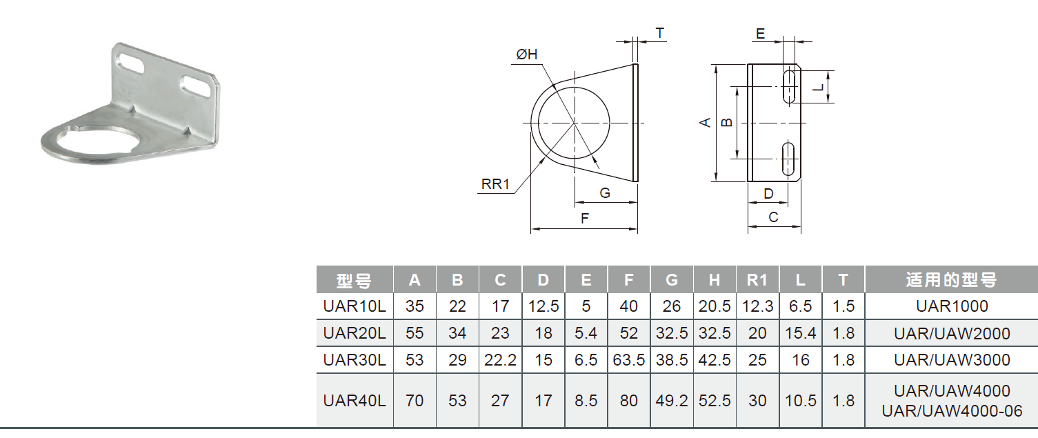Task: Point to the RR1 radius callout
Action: click(x=495, y=184)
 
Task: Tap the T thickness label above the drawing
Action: click(x=659, y=33)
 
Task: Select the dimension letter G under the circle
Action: click(x=605, y=193)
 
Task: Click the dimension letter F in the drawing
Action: click(x=584, y=219)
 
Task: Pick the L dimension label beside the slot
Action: click(x=817, y=88)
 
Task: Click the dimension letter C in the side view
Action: click(x=773, y=217)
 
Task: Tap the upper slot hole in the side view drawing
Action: click(x=788, y=87)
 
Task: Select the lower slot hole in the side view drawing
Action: click(x=787, y=159)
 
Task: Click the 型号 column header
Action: click(x=355, y=280)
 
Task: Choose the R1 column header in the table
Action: click(x=757, y=280)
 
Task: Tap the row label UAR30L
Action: click(x=355, y=359)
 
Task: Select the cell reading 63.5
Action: click(x=628, y=359)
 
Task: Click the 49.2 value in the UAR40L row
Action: click(x=672, y=400)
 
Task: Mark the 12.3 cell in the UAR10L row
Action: click(x=757, y=306)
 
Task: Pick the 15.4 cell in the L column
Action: click(x=800, y=333)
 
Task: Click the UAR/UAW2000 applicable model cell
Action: click(x=952, y=333)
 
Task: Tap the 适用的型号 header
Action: click(x=952, y=280)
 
